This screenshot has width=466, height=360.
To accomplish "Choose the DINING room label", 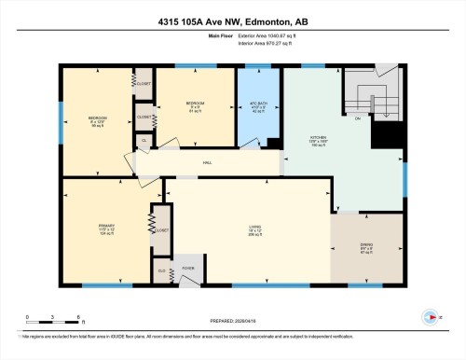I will pyautogui.click(x=366, y=249).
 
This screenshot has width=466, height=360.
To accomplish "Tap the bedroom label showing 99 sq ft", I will pyautogui.click(x=97, y=121).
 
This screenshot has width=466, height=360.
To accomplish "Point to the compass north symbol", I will pyautogui.click(x=430, y=314).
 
